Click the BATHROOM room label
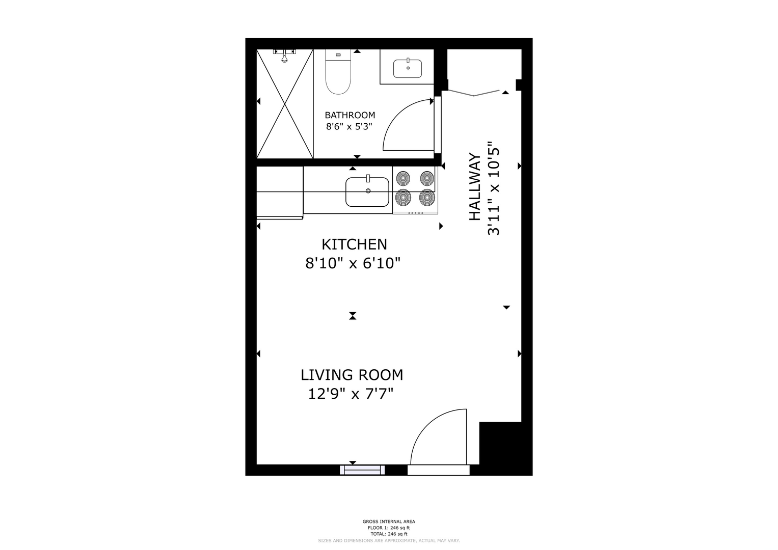(350, 115)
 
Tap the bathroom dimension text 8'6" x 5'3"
(349, 126)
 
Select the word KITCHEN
(354, 244)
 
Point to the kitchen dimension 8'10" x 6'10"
(353, 264)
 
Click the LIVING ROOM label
(352, 375)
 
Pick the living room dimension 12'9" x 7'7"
(351, 394)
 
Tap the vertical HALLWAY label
(475, 187)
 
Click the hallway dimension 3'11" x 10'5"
(494, 188)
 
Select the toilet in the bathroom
(338, 72)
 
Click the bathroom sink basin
(408, 68)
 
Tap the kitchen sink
(367, 191)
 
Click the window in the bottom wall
(362, 470)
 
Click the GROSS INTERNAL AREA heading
(389, 521)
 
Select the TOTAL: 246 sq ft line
(389, 534)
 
